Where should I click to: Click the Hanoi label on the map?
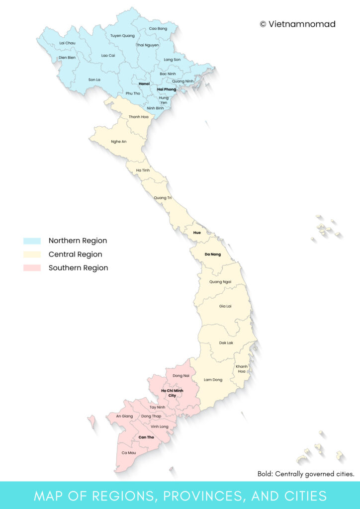click(x=144, y=84)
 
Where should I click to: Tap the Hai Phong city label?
click(x=167, y=89)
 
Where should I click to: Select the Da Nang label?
click(x=212, y=254)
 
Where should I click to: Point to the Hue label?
click(x=197, y=233)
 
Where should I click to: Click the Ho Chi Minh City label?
click(x=172, y=393)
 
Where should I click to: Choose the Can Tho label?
click(x=146, y=437)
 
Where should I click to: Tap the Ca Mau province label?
click(x=128, y=453)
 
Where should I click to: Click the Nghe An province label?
click(x=119, y=142)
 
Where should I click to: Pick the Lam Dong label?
click(x=213, y=380)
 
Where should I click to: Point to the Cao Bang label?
click(x=158, y=29)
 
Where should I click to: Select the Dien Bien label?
click(x=67, y=58)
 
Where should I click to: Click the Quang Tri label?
click(x=163, y=198)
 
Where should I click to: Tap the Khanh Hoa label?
click(x=242, y=369)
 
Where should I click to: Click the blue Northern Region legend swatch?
click(x=32, y=241)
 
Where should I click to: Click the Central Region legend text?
click(x=75, y=254)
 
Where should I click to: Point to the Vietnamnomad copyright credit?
click(x=297, y=24)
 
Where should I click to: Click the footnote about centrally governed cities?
click(x=305, y=474)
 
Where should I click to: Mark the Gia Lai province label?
click(x=225, y=306)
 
